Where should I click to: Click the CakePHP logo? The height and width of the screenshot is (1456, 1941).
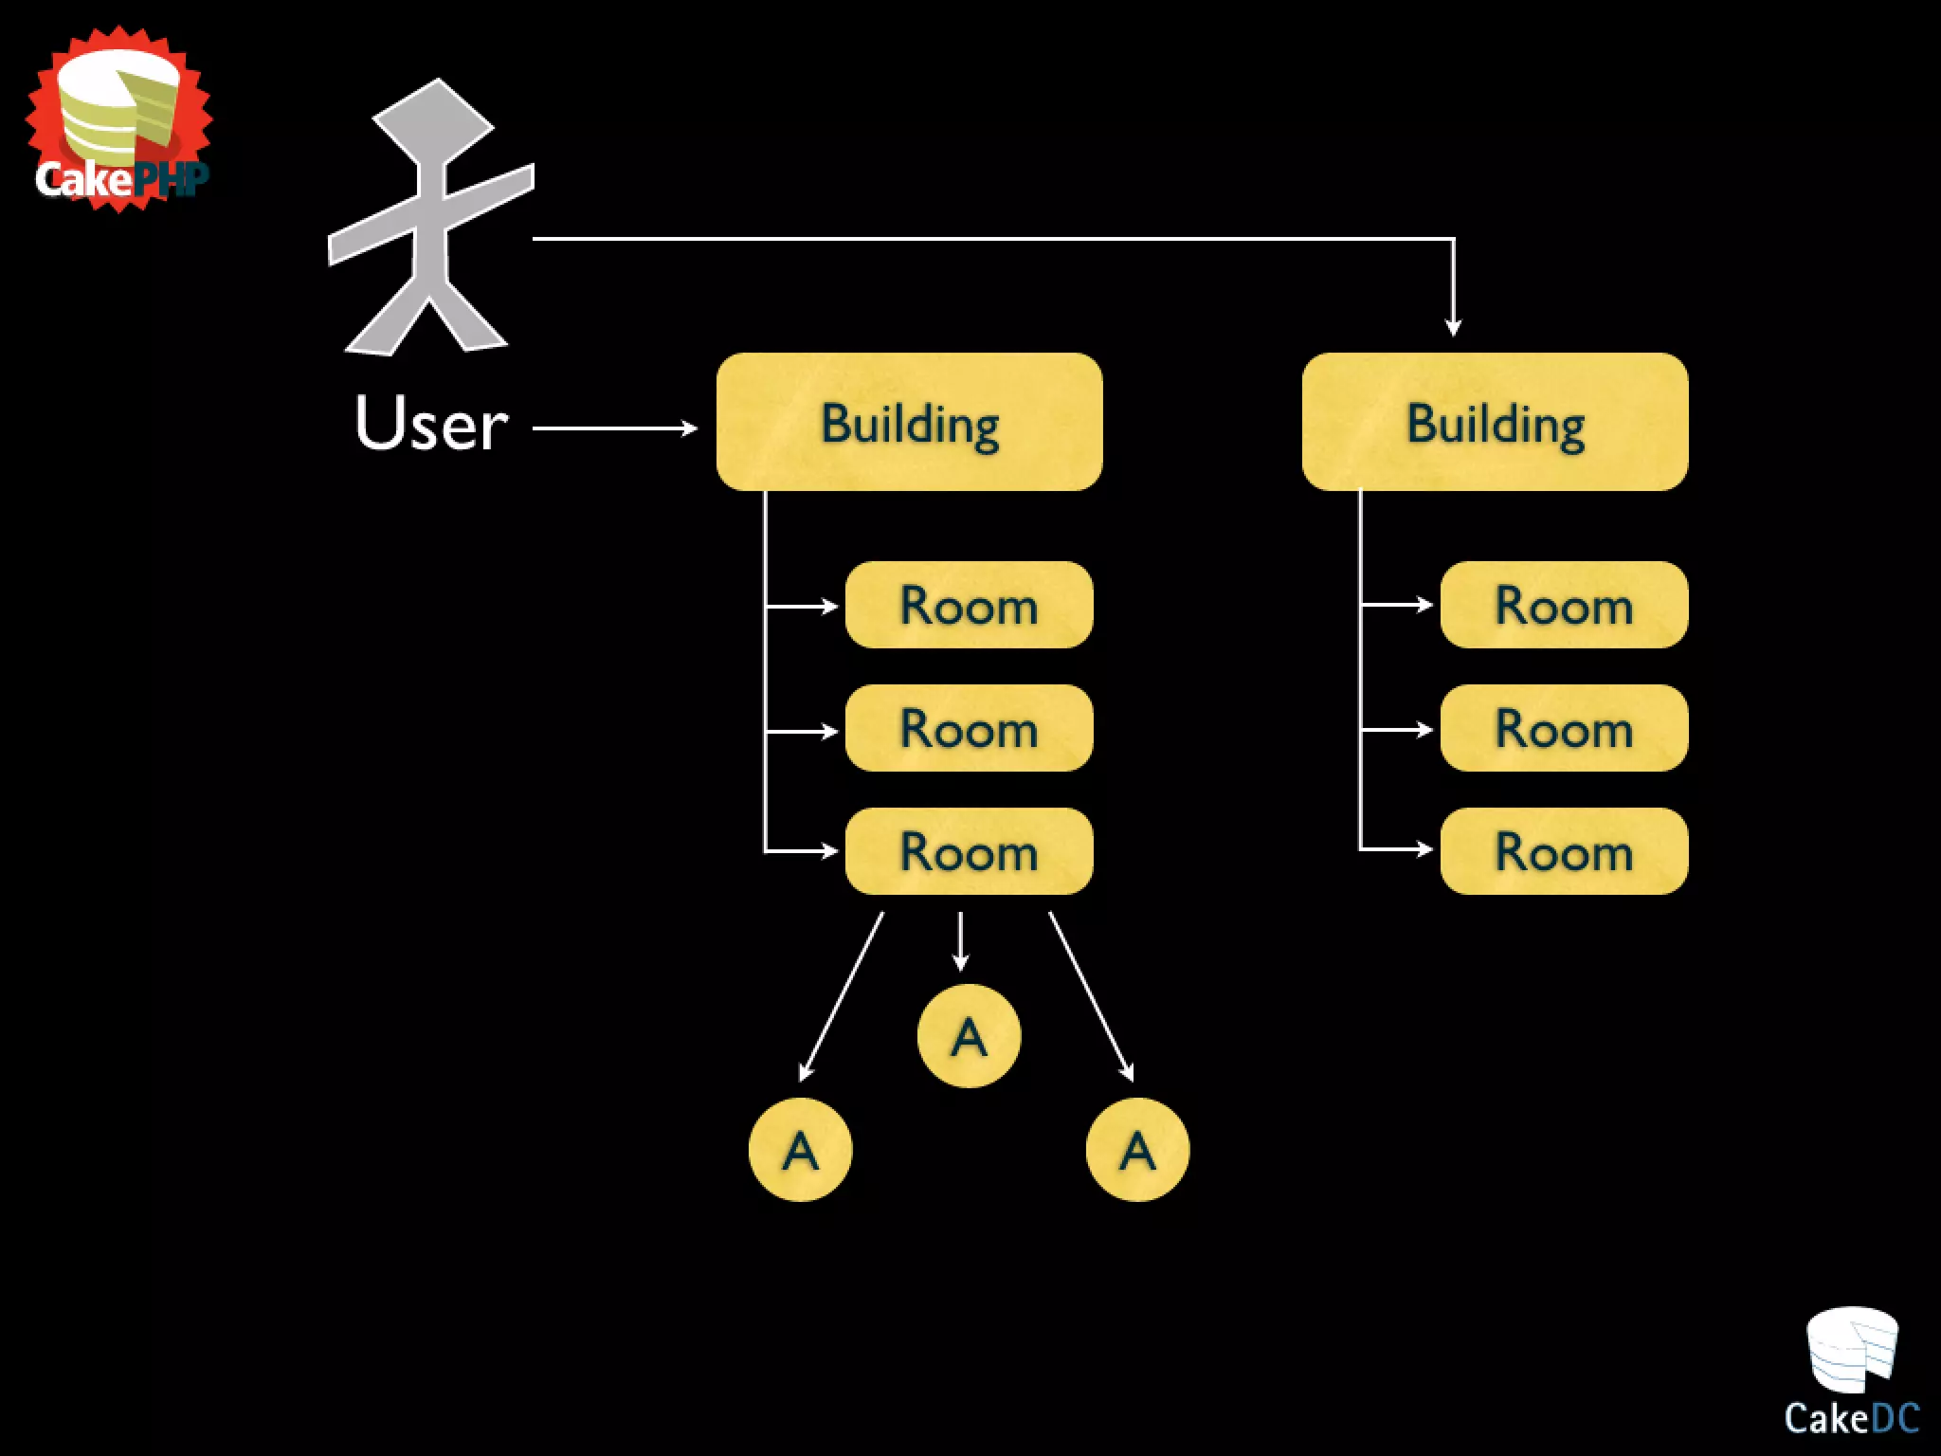coord(118,120)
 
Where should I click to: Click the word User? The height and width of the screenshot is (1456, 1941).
coord(431,423)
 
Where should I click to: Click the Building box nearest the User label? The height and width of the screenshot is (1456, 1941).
coord(909,423)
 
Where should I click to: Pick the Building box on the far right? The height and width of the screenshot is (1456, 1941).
coord(1495,423)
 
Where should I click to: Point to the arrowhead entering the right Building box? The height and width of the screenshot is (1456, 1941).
coord(1453,326)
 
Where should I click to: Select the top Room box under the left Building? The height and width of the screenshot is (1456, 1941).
coord(969,605)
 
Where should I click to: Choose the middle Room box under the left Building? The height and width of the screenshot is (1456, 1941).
coord(969,728)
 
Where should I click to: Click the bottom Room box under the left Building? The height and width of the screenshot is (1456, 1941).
coord(969,851)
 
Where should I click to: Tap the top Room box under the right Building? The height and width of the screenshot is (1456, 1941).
coord(1564,605)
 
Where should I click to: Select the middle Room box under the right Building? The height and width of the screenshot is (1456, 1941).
coord(1564,728)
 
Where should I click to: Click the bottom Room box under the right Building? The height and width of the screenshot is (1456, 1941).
coord(1564,851)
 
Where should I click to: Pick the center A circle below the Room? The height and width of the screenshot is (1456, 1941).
coord(969,1036)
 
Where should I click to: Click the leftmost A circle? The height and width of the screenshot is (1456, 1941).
coord(800,1150)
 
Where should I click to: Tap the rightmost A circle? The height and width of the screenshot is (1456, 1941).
coord(1137,1150)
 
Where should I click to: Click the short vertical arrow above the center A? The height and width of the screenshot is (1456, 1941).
coord(960,941)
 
